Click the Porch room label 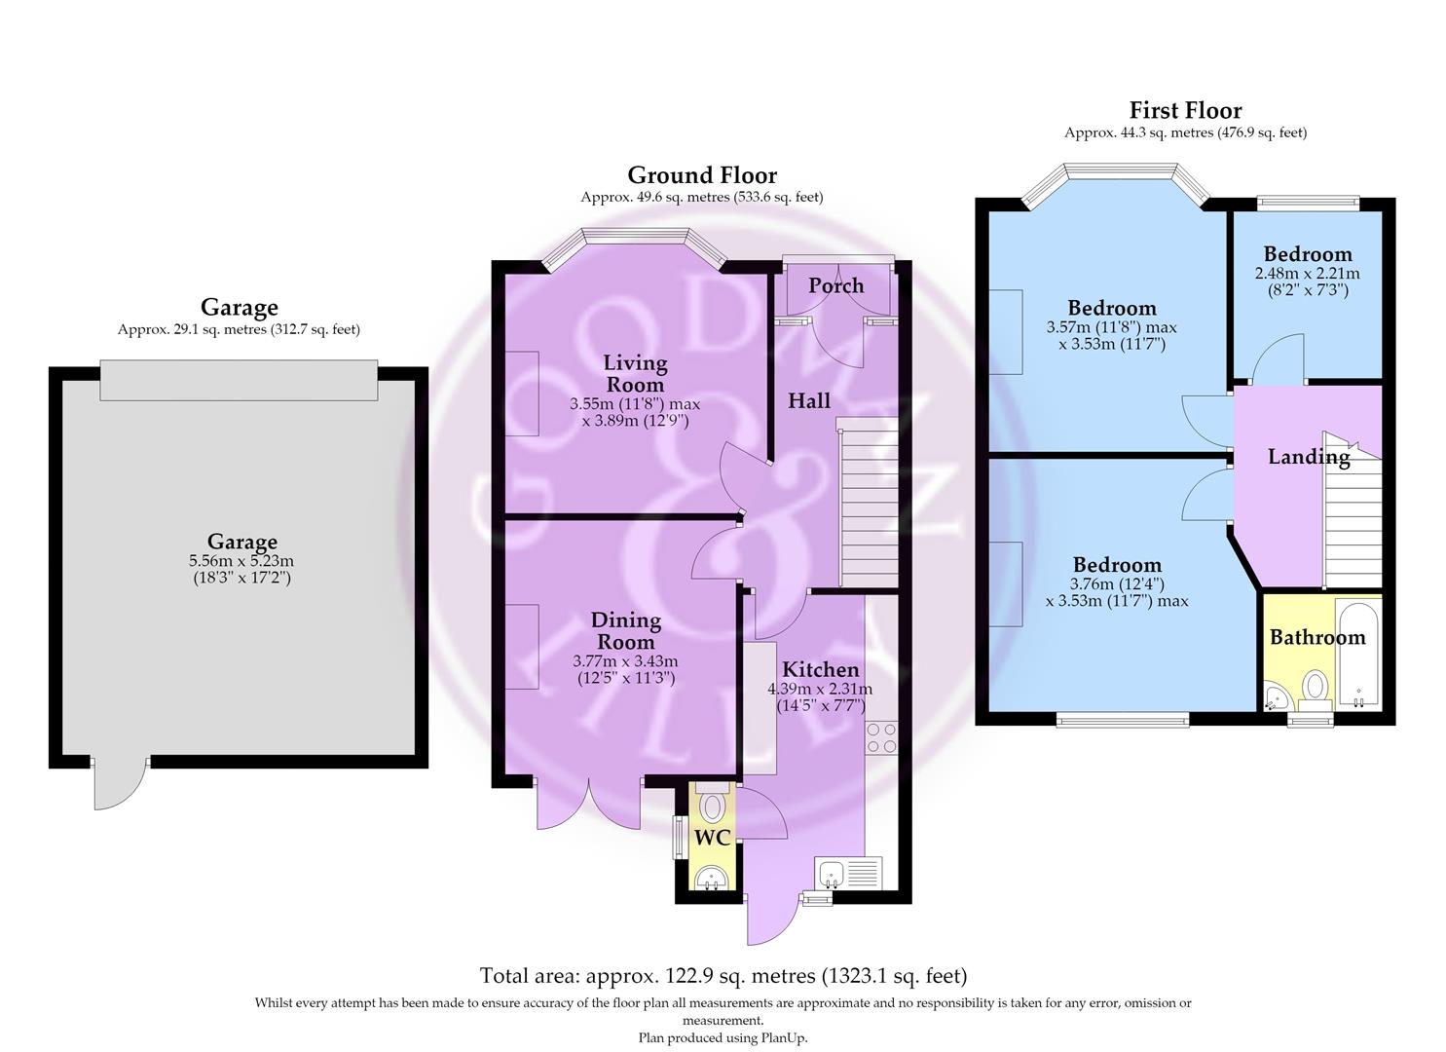click(836, 286)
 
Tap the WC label click(712, 839)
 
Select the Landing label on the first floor click(1309, 457)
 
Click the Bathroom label click(1317, 637)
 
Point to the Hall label click(809, 401)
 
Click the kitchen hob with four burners click(881, 737)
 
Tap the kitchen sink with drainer click(847, 873)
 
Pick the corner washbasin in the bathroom click(1275, 697)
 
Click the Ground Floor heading click(702, 175)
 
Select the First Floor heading click(1185, 110)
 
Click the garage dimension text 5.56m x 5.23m click(241, 561)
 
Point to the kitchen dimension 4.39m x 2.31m click(820, 689)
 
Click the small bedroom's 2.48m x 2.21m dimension click(1307, 273)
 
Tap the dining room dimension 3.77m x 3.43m click(625, 661)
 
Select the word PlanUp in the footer click(784, 1037)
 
